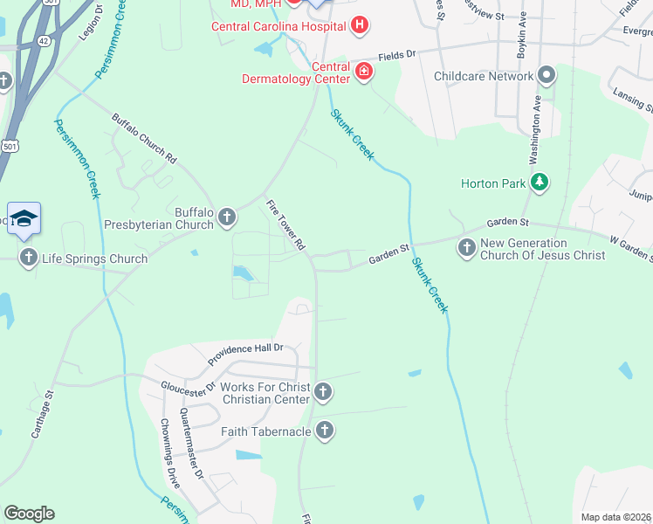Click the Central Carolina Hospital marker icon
click(x=358, y=25)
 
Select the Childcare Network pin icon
click(x=547, y=76)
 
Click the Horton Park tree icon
click(x=541, y=183)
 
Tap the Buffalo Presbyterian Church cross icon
click(x=227, y=216)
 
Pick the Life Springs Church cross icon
click(x=28, y=257)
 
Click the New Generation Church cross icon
click(x=466, y=248)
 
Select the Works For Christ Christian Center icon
click(x=323, y=392)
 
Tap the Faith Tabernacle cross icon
click(x=324, y=430)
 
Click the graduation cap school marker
click(x=24, y=219)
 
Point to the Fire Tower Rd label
click(x=285, y=225)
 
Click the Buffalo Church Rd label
click(x=144, y=139)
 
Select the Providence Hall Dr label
click(x=246, y=352)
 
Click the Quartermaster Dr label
click(x=191, y=446)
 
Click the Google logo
click(x=29, y=513)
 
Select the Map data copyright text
click(x=615, y=517)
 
